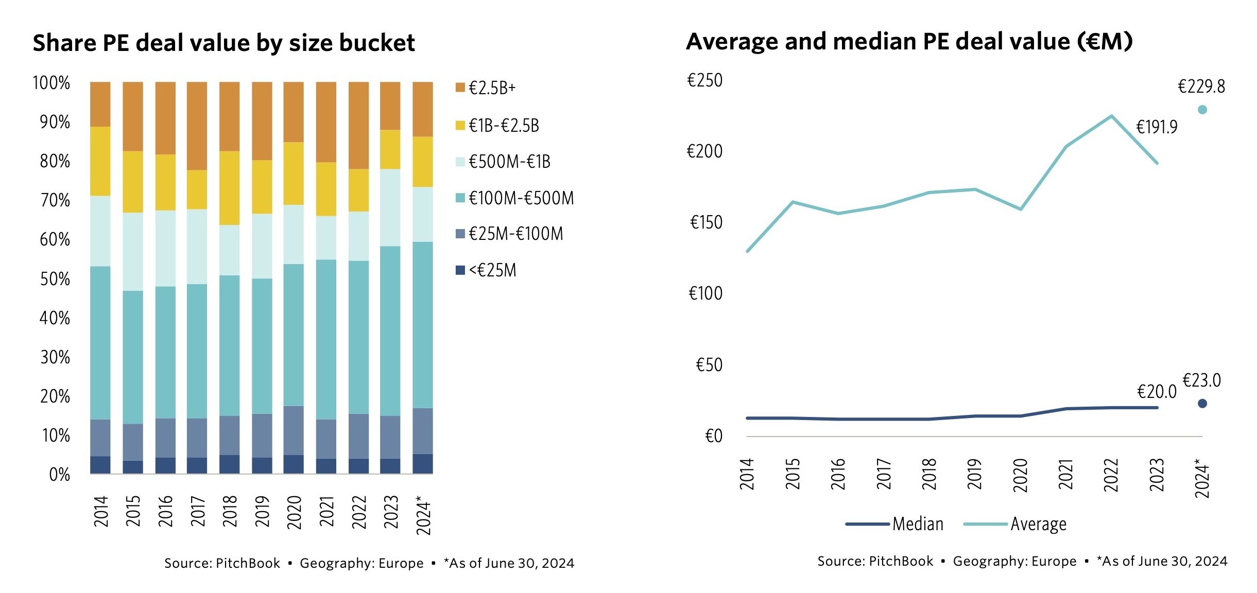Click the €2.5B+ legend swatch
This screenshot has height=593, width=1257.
pyautogui.click(x=460, y=88)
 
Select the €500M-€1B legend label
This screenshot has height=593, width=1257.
pyautogui.click(x=509, y=162)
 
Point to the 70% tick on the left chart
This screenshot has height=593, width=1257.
pyautogui.click(x=55, y=200)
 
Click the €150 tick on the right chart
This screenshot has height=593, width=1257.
pyautogui.click(x=706, y=222)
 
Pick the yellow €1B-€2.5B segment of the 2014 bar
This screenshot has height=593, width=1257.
pyautogui.click(x=100, y=161)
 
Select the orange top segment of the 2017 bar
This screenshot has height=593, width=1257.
pyautogui.click(x=197, y=126)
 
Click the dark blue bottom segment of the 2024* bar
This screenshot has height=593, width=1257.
pyautogui.click(x=423, y=463)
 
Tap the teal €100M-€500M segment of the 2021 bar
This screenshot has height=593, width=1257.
pyautogui.click(x=326, y=339)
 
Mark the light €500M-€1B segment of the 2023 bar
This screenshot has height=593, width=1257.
pyautogui.click(x=390, y=207)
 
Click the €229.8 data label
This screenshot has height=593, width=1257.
pyautogui.click(x=1201, y=86)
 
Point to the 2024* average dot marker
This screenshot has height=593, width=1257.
pyautogui.click(x=1202, y=110)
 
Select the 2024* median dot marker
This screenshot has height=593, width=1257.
pyautogui.click(x=1202, y=404)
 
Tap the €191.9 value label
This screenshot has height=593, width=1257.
pyautogui.click(x=1157, y=127)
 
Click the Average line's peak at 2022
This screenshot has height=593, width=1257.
pyautogui.click(x=1111, y=116)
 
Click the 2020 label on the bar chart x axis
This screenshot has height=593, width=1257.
pyautogui.click(x=294, y=512)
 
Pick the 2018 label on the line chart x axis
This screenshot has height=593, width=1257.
pyautogui.click(x=929, y=474)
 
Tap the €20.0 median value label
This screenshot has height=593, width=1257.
pyautogui.click(x=1157, y=392)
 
